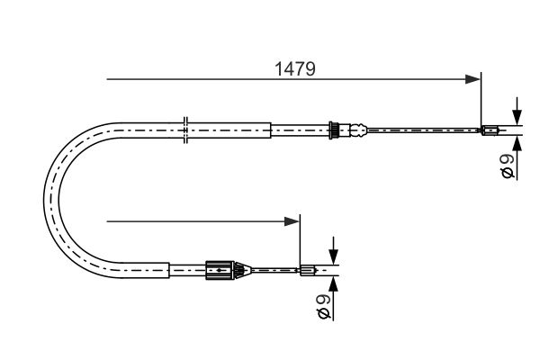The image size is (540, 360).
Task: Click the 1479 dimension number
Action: [295, 69]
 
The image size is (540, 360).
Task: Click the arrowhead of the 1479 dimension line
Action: [472, 79]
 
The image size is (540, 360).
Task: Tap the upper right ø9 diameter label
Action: [508, 166]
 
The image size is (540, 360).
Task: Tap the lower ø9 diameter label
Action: [323, 306]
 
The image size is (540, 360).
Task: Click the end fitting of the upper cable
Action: [490, 130]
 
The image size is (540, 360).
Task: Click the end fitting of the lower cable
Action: [308, 270]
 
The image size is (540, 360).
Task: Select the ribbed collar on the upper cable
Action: [333, 130]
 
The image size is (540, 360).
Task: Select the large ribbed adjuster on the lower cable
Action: [220, 270]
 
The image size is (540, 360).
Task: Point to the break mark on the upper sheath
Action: [185, 130]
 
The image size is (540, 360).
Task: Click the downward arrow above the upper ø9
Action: [517, 111]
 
